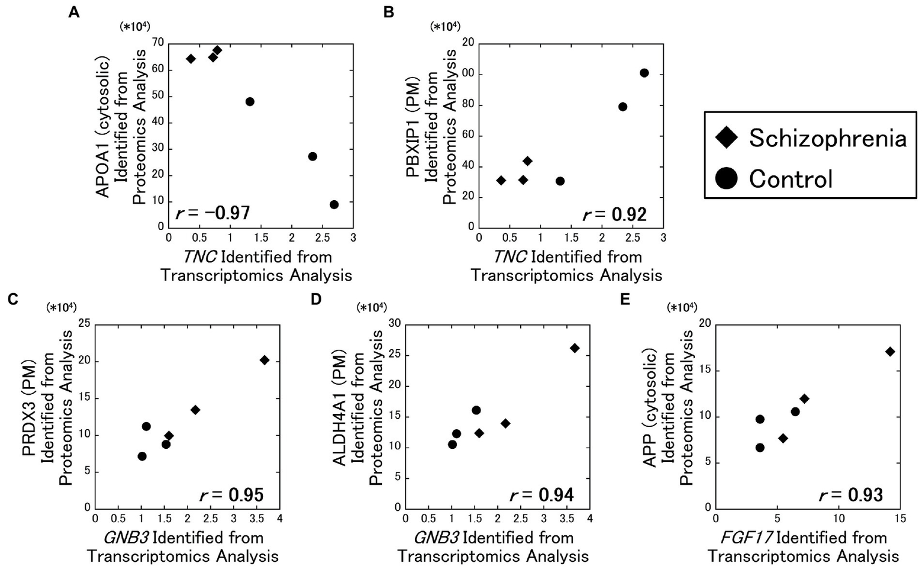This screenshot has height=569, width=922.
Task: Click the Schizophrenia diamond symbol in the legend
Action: (x=727, y=139)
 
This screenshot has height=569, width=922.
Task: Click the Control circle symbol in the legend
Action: (x=727, y=179)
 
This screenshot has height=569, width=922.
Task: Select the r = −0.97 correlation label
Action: (x=212, y=213)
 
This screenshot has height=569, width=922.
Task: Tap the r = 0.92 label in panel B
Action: (x=614, y=215)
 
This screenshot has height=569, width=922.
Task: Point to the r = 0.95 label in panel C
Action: (x=231, y=495)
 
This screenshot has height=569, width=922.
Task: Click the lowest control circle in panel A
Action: (x=334, y=204)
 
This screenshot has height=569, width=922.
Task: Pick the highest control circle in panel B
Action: (x=644, y=73)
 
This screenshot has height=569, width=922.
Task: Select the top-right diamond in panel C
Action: (x=264, y=360)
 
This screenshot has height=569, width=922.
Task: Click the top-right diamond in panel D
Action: (x=574, y=348)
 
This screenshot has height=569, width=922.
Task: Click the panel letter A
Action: (x=74, y=12)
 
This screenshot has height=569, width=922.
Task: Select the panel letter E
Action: (x=625, y=299)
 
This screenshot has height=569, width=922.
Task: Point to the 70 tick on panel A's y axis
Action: (x=158, y=43)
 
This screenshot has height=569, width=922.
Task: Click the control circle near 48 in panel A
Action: (x=250, y=102)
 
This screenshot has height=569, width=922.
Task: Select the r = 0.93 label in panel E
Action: (x=851, y=495)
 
